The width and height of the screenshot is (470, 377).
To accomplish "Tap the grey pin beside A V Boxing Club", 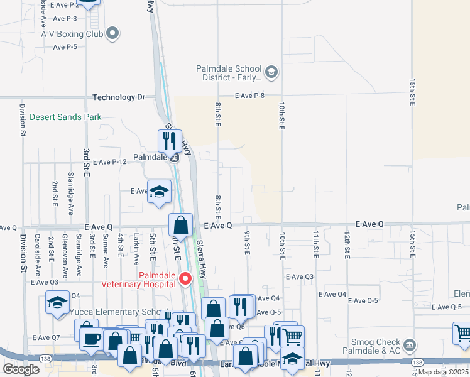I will (x=112, y=33).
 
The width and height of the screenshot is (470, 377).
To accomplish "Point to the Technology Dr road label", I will (x=119, y=97).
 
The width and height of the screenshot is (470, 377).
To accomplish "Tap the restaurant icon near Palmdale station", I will (x=169, y=141).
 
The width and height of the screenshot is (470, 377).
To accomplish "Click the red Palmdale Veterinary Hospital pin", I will (x=185, y=279).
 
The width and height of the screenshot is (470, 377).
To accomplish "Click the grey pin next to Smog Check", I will (x=410, y=344).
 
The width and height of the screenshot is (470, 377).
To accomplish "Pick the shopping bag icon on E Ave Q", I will (x=180, y=226).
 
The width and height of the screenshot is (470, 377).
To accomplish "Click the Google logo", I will (x=21, y=369).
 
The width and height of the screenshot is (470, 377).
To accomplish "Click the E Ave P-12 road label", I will (x=110, y=162).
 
